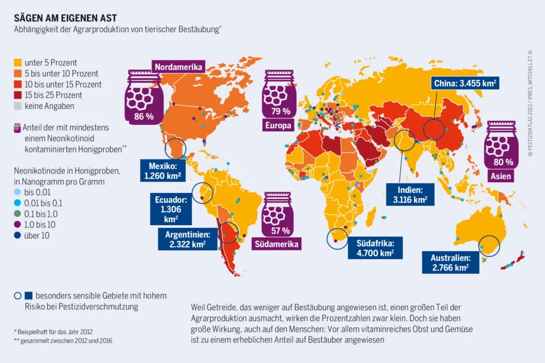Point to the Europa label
coord(278,125)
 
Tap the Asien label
coord(500,176)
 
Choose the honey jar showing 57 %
coord(278,215)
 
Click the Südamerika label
coord(278,244)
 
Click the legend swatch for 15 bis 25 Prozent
coord(18,95)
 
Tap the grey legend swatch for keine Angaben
coord(18,105)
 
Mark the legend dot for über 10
coord(17,235)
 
